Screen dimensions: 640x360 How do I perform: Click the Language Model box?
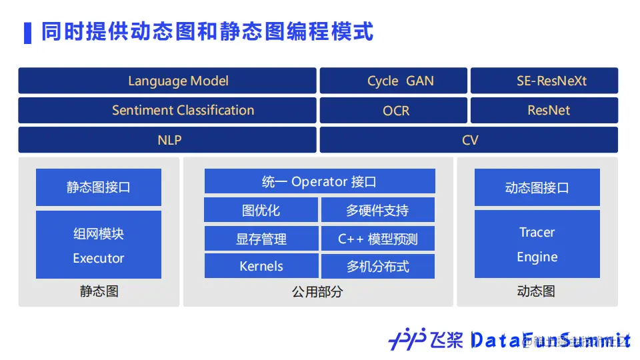pos(167,81)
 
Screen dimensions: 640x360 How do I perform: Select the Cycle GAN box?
pos(393,81)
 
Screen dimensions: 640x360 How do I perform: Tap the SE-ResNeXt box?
pos(544,81)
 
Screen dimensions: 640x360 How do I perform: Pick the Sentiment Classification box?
pos(167,111)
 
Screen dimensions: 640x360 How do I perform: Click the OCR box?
pos(393,111)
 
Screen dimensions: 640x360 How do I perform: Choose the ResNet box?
pos(544,111)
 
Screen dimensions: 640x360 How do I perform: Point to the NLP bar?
pos(167,140)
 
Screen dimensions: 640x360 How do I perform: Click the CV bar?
pos(469,140)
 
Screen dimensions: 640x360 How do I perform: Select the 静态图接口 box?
pos(99,187)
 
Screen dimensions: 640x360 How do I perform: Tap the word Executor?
pos(99,258)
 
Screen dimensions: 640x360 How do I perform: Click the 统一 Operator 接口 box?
pos(319,181)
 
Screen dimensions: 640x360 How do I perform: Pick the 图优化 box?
pos(261,210)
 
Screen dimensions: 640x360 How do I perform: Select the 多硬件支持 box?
pos(377,210)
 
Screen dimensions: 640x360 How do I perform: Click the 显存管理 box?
pos(261,239)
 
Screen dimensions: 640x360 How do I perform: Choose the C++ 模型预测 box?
pos(377,239)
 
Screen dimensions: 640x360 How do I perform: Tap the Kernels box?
pos(261,266)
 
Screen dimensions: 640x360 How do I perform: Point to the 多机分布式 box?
pos(377,267)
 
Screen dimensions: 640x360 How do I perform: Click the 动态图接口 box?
pos(537,187)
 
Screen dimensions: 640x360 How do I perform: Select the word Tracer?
pos(537,232)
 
